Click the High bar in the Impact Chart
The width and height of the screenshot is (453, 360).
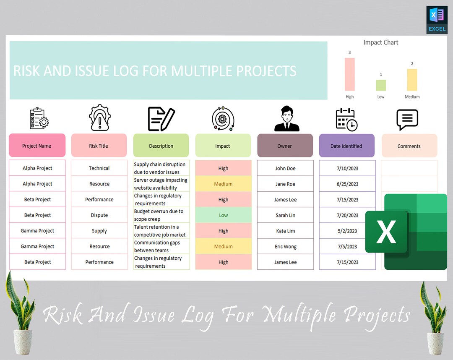click(x=349, y=74)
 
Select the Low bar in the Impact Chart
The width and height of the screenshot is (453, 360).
click(x=380, y=85)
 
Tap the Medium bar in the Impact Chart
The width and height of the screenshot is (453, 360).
click(x=412, y=80)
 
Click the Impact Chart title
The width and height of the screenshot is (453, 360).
click(x=380, y=42)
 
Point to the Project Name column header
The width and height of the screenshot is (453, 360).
click(x=37, y=146)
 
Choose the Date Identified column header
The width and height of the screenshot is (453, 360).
click(x=346, y=146)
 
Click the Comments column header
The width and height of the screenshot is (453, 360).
click(x=409, y=146)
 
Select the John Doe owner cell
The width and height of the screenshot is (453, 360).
click(x=285, y=168)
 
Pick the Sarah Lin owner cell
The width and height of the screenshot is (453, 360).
click(x=285, y=215)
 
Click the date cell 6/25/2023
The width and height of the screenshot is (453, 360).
click(x=347, y=184)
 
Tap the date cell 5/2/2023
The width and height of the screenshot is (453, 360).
click(x=347, y=231)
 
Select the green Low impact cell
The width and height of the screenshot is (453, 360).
click(x=223, y=215)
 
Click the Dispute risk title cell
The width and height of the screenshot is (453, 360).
click(x=99, y=215)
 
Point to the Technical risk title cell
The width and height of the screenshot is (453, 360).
click(x=99, y=168)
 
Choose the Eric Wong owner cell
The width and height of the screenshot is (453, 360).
click(x=285, y=246)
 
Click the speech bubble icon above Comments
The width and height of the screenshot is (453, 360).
click(x=407, y=120)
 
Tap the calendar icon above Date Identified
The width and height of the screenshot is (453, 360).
click(x=346, y=119)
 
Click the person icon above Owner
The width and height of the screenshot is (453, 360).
click(x=286, y=119)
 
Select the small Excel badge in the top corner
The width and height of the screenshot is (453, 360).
click(x=437, y=20)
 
